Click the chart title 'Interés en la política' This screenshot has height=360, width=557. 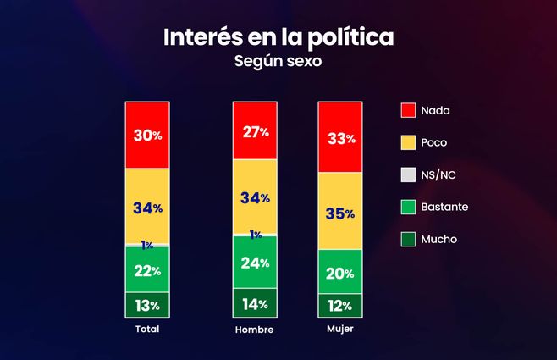coord(278,38)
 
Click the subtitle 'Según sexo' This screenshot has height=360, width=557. coord(278,62)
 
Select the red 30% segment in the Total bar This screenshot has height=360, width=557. coord(147,135)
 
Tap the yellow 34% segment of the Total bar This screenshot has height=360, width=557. coord(147,207)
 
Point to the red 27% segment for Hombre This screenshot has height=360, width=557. coord(255,130)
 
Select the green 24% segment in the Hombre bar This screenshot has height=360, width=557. coord(255,262)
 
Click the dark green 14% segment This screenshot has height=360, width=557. coord(255,303)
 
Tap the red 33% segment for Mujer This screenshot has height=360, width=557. coord(339,139)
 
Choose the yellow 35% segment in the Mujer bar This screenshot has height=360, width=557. coord(339,213)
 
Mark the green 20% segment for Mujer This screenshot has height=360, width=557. coord(339,272)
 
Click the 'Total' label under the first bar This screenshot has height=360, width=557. coord(147,329)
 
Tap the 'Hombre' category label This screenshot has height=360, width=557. coord(255,329)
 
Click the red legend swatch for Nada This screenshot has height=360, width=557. coord(408,110)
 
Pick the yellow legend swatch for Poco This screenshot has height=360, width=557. coord(408,142)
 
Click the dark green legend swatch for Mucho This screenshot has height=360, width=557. coord(408,239)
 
